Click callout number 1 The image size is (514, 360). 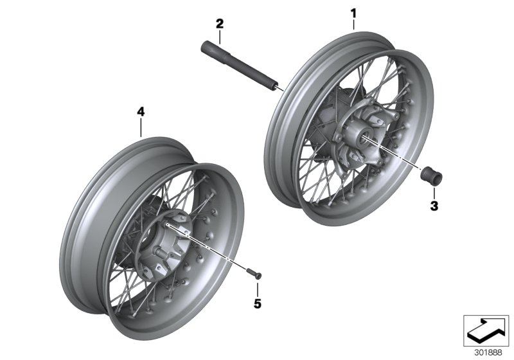pos(353,12)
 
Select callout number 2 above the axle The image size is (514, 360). pos(220,24)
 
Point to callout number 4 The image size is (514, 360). pos(141,112)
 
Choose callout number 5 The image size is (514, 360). pos(258,303)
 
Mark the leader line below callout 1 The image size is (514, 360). pos(353,24)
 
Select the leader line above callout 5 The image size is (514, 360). pos(258,287)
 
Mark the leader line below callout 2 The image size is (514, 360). pos(220,36)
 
